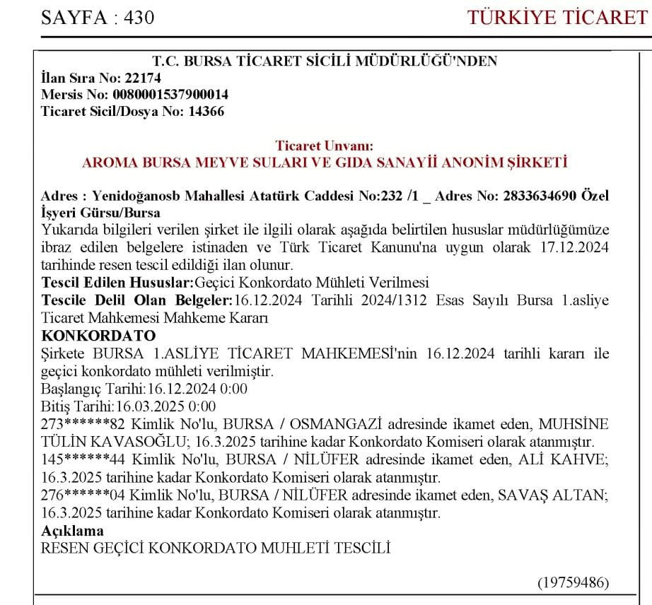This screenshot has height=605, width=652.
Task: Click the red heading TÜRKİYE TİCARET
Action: (x=558, y=17)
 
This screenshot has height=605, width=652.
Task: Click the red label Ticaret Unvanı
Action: (x=324, y=146)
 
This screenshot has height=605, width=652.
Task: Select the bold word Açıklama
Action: (x=72, y=529)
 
